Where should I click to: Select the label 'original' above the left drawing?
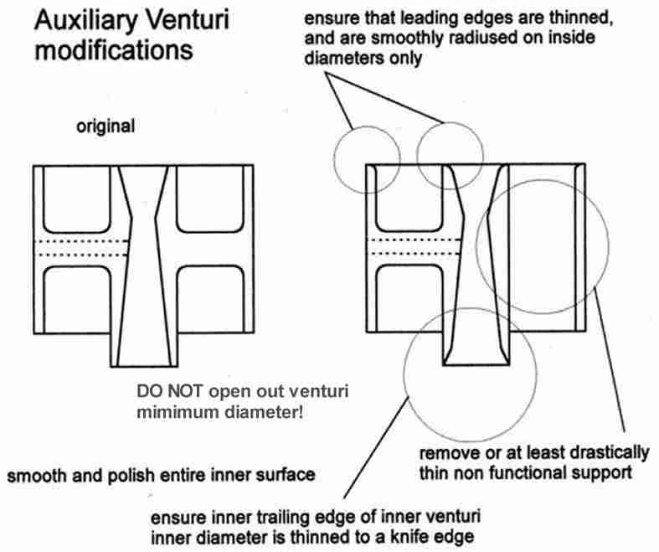coord(105,127)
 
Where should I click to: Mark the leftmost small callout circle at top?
coord(364,156)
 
